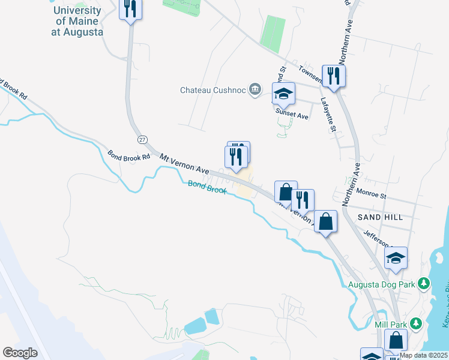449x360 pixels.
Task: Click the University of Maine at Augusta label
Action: (77, 22)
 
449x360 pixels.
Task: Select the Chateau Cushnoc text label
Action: (214, 90)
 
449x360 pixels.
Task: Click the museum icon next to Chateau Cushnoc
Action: (255, 90)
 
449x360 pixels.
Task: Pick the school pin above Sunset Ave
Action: (284, 94)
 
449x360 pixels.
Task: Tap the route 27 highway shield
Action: (142, 139)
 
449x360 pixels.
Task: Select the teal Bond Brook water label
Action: (207, 187)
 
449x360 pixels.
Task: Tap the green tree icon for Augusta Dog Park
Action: (424, 282)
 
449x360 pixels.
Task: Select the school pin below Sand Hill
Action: (396, 259)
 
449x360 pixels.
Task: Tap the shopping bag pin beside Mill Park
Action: (396, 341)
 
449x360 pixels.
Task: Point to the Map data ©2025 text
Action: (423, 355)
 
